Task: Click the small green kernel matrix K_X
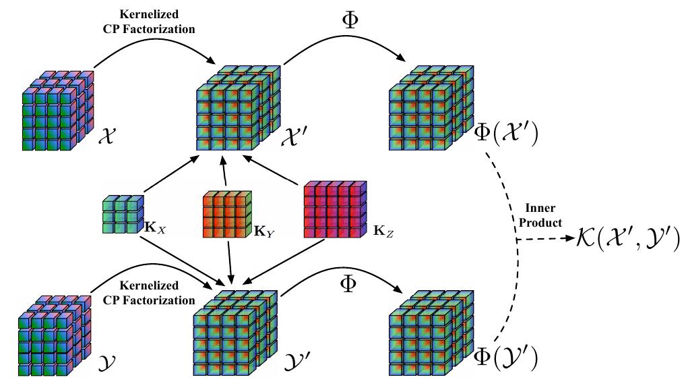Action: (x=123, y=214)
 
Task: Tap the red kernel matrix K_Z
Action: (x=334, y=209)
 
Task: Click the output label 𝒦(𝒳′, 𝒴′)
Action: (x=627, y=238)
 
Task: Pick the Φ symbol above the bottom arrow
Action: (x=348, y=283)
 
